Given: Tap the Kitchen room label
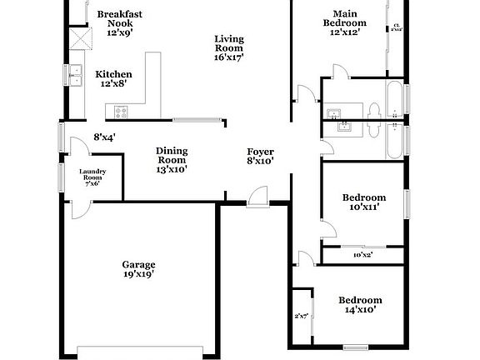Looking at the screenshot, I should point(113,78).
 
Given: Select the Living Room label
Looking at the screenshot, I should point(230,48).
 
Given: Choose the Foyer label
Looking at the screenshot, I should point(260,156).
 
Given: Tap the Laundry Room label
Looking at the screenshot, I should point(91,177).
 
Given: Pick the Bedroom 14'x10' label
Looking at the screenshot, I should point(359,304).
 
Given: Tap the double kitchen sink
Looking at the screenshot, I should point(76,75).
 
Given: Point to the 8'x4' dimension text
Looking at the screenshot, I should point(104,137).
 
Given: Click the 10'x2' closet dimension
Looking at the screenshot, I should point(362,255).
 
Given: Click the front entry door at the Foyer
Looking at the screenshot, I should point(257,198).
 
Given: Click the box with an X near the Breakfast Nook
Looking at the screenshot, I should point(79,38).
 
